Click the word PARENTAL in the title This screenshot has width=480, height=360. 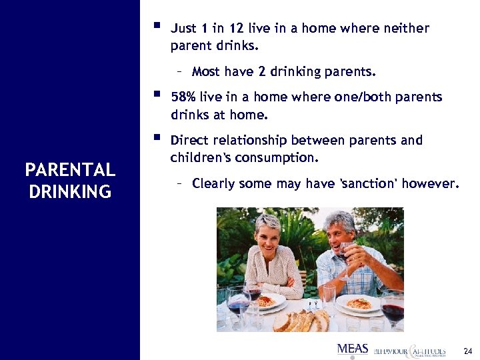tap(70, 171)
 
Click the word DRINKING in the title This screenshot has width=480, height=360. tap(70, 193)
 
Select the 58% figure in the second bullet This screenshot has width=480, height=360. tap(184, 97)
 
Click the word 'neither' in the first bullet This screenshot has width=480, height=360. tap(407, 29)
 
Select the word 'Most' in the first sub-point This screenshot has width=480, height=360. tap(206, 71)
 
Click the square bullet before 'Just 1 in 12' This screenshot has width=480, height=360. tap(157, 27)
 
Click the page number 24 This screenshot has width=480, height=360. tap(467, 350)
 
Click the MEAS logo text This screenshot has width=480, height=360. tap(353, 349)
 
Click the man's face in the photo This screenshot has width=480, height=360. tap(341, 233)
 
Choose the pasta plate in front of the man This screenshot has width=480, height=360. tap(358, 305)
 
